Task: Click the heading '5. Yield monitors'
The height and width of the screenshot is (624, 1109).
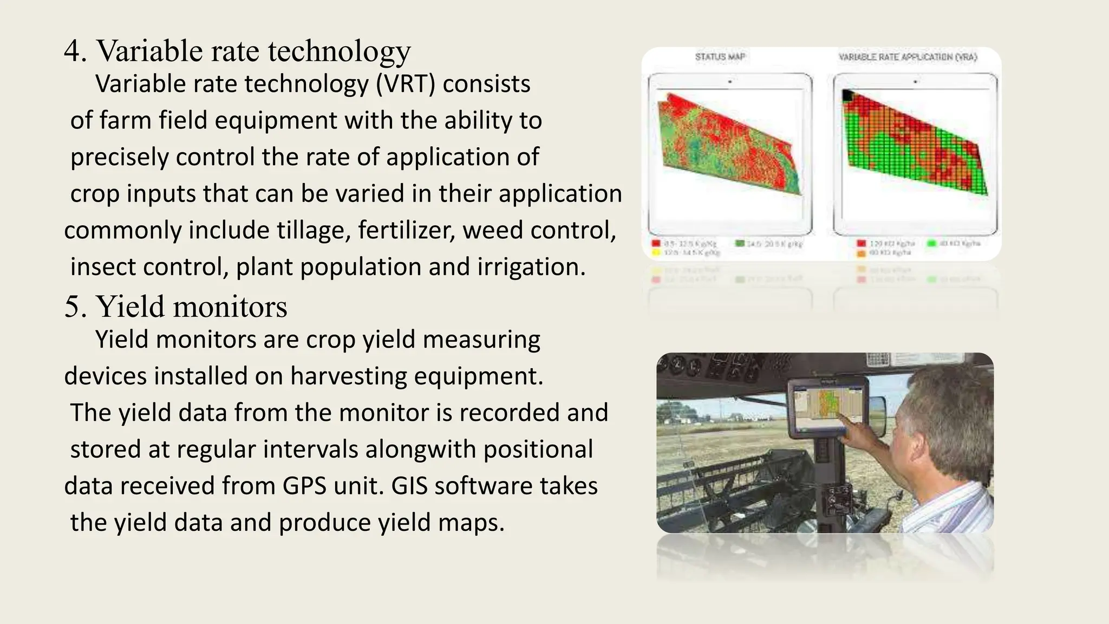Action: point(175,307)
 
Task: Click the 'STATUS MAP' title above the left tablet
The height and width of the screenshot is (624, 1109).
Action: point(720,57)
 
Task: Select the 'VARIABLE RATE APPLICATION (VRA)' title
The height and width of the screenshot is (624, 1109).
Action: point(908,57)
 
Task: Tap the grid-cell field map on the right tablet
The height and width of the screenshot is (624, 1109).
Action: point(915,146)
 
